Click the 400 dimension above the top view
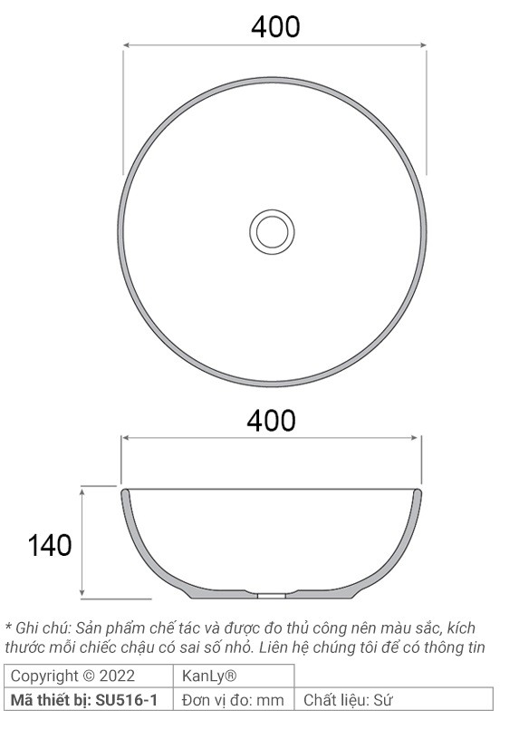[274, 27]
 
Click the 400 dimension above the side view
[272, 421]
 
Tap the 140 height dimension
[49, 545]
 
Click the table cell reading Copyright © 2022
[72, 676]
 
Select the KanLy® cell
[209, 676]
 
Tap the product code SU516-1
[127, 699]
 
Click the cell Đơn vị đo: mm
[233, 699]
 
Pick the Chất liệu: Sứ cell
[349, 699]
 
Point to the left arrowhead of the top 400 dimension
[127, 44]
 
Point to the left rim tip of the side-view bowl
[124, 492]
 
